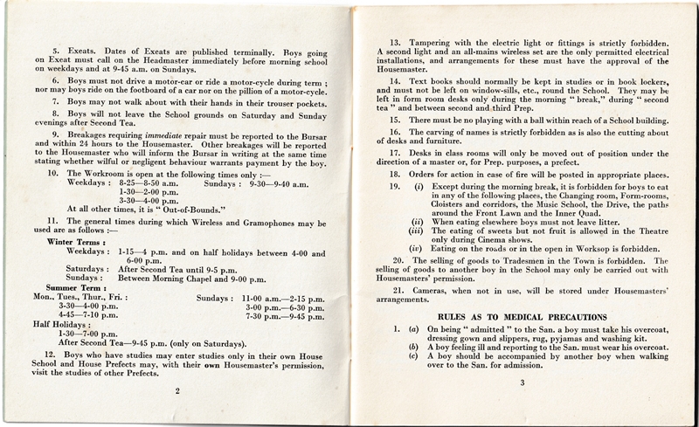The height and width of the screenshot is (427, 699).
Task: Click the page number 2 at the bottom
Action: [177, 392]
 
